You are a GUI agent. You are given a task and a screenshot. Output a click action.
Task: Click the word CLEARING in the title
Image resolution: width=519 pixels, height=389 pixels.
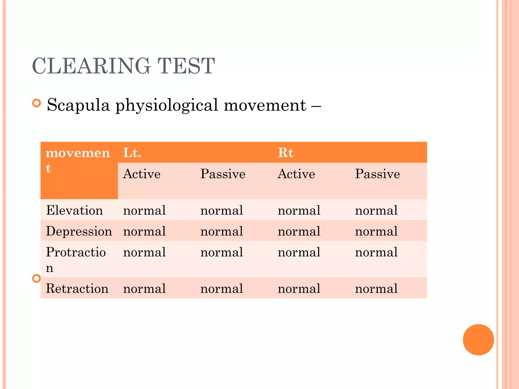pyautogui.click(x=91, y=66)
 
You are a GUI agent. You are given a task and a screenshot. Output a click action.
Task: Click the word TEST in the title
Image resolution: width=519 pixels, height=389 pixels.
pyautogui.click(x=186, y=66)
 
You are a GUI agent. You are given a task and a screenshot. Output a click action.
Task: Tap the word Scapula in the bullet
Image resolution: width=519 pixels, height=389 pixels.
pyautogui.click(x=78, y=105)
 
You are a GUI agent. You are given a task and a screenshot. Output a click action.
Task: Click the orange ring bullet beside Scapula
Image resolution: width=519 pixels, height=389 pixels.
pyautogui.click(x=37, y=103)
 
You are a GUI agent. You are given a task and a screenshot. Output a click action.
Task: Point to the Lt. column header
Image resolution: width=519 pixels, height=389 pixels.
pyautogui.click(x=132, y=153)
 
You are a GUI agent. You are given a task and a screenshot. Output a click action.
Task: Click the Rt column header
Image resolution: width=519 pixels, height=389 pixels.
pyautogui.click(x=286, y=153)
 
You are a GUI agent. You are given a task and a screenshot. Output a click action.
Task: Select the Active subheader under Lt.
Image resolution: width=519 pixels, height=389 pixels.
pyautogui.click(x=142, y=174)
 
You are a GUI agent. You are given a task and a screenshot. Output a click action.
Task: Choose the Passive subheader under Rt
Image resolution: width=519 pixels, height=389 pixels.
pyautogui.click(x=377, y=174)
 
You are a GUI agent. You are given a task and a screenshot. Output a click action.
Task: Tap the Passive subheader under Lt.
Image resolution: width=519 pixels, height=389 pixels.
pyautogui.click(x=223, y=174)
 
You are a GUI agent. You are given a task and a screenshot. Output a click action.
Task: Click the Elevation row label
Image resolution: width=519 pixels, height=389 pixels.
pyautogui.click(x=75, y=210)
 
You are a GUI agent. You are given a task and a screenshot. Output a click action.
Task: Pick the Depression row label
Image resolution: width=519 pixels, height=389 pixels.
pyautogui.click(x=79, y=231)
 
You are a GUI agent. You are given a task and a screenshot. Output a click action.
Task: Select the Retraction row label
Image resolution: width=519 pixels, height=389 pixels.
pyautogui.click(x=77, y=289)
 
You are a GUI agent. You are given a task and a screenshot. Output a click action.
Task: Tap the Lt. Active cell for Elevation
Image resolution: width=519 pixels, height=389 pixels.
pyautogui.click(x=144, y=210)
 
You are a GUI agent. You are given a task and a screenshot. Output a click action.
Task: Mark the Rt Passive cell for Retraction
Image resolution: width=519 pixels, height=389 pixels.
pyautogui.click(x=376, y=289)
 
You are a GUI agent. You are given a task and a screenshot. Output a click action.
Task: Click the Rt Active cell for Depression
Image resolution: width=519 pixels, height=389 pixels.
pyautogui.click(x=299, y=231)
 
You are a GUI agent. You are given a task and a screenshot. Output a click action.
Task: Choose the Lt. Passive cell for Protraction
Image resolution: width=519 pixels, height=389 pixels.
pyautogui.click(x=222, y=252)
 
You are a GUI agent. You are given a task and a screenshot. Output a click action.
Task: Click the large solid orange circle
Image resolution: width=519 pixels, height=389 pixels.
pyautogui.click(x=478, y=340)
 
